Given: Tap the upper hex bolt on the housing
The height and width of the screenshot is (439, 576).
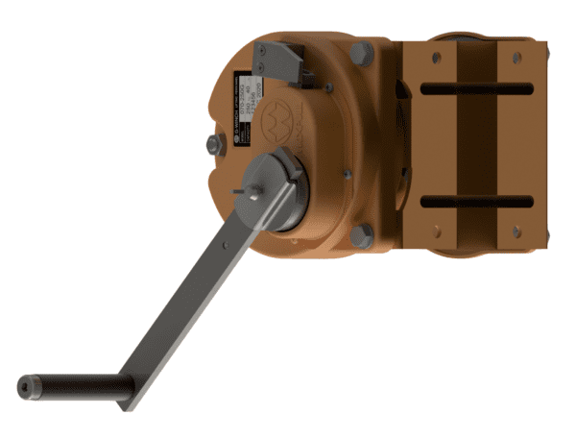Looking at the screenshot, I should pos(362,54).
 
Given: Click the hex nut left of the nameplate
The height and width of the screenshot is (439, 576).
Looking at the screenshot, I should pos(213,144).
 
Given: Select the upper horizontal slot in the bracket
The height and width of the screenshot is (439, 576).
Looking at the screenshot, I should pos(476,89).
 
